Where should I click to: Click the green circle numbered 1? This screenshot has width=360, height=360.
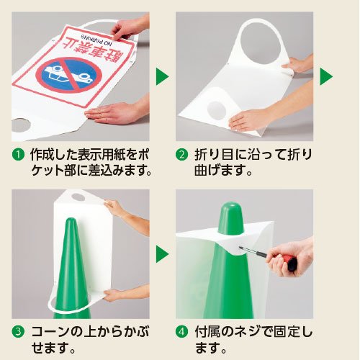(x=18, y=155)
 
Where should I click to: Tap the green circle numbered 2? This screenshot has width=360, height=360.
(x=181, y=155)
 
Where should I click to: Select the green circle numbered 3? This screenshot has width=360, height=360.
(x=18, y=332)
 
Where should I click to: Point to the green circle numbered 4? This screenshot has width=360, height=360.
(x=181, y=332)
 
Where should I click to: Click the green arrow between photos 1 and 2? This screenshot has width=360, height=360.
(x=162, y=76)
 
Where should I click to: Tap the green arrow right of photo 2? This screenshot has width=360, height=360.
(x=326, y=76)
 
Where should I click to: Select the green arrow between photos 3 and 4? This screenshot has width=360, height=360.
(x=162, y=253)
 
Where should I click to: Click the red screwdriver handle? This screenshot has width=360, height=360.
(x=289, y=261)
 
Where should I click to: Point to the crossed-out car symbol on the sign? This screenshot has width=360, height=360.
(x=69, y=75)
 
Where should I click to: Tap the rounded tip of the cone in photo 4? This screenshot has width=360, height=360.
(x=231, y=207)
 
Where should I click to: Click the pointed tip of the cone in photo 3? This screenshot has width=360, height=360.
(x=70, y=220)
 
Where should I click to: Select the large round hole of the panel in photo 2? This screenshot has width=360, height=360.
(x=260, y=44)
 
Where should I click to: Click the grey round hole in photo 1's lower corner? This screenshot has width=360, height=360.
(x=21, y=125)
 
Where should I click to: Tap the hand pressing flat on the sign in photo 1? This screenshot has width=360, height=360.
(x=113, y=113)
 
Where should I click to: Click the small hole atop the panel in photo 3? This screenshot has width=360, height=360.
(x=78, y=197)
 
